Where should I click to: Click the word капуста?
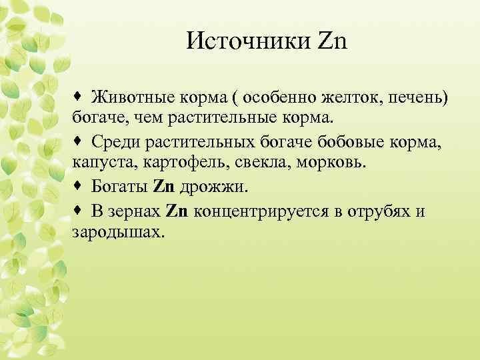click(98, 162)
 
